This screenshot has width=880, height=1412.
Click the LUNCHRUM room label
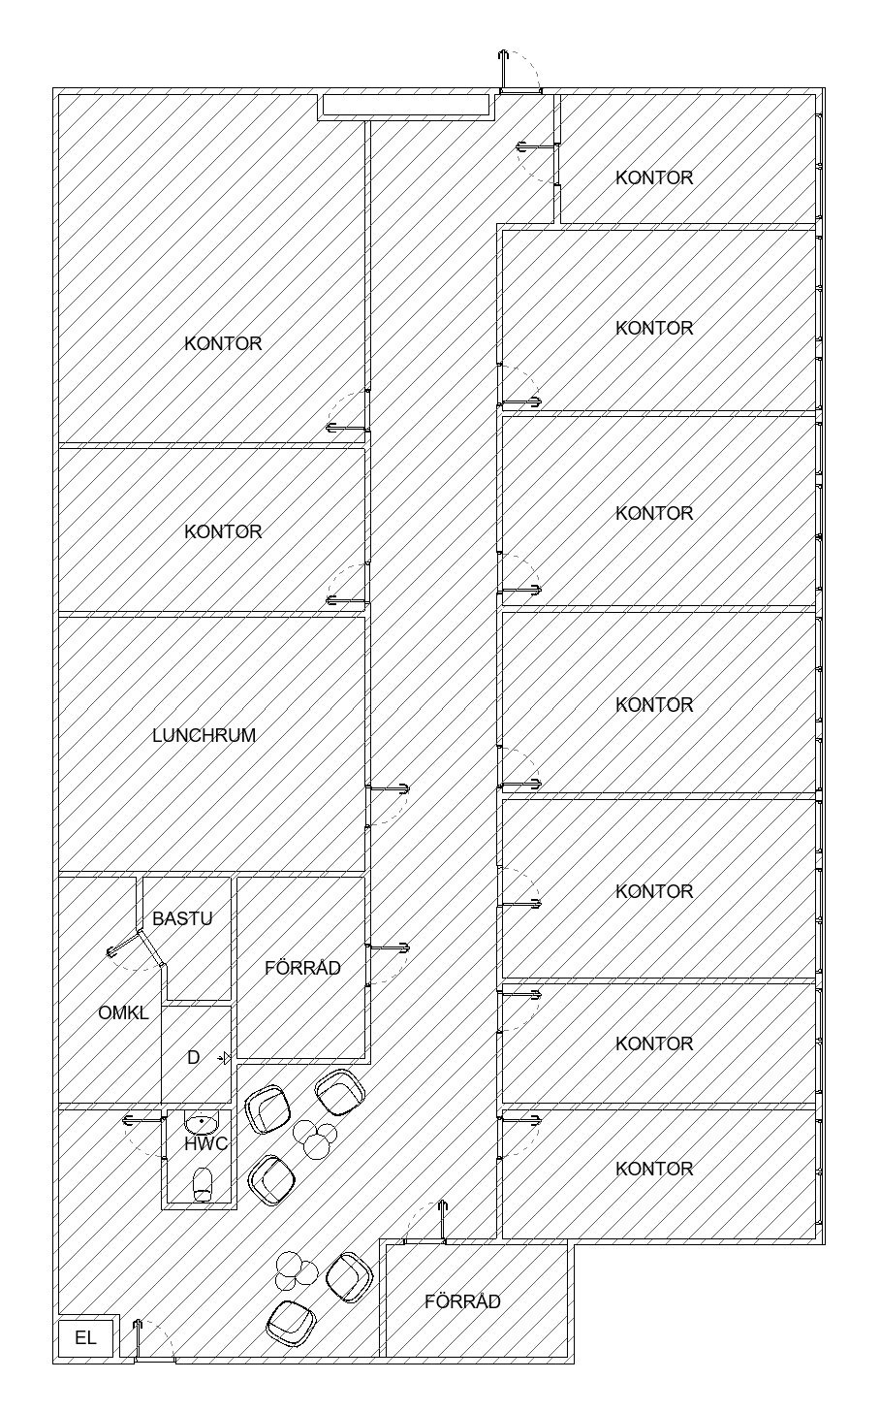click(204, 735)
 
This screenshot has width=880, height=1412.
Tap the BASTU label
click(182, 918)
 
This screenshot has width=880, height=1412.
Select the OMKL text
click(123, 1013)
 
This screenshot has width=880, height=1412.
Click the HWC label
click(206, 1143)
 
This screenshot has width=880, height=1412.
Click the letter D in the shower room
click(194, 1057)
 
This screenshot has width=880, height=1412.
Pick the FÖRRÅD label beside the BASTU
click(302, 968)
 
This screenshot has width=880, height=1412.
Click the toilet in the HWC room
click(203, 1186)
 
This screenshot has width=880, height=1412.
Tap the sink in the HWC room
click(201, 1123)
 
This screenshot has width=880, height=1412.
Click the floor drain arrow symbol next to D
click(226, 1057)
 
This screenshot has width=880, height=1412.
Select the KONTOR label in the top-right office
click(654, 177)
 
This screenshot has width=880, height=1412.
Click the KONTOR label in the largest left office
click(223, 343)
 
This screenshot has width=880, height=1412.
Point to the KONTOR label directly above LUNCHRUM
click(223, 531)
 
